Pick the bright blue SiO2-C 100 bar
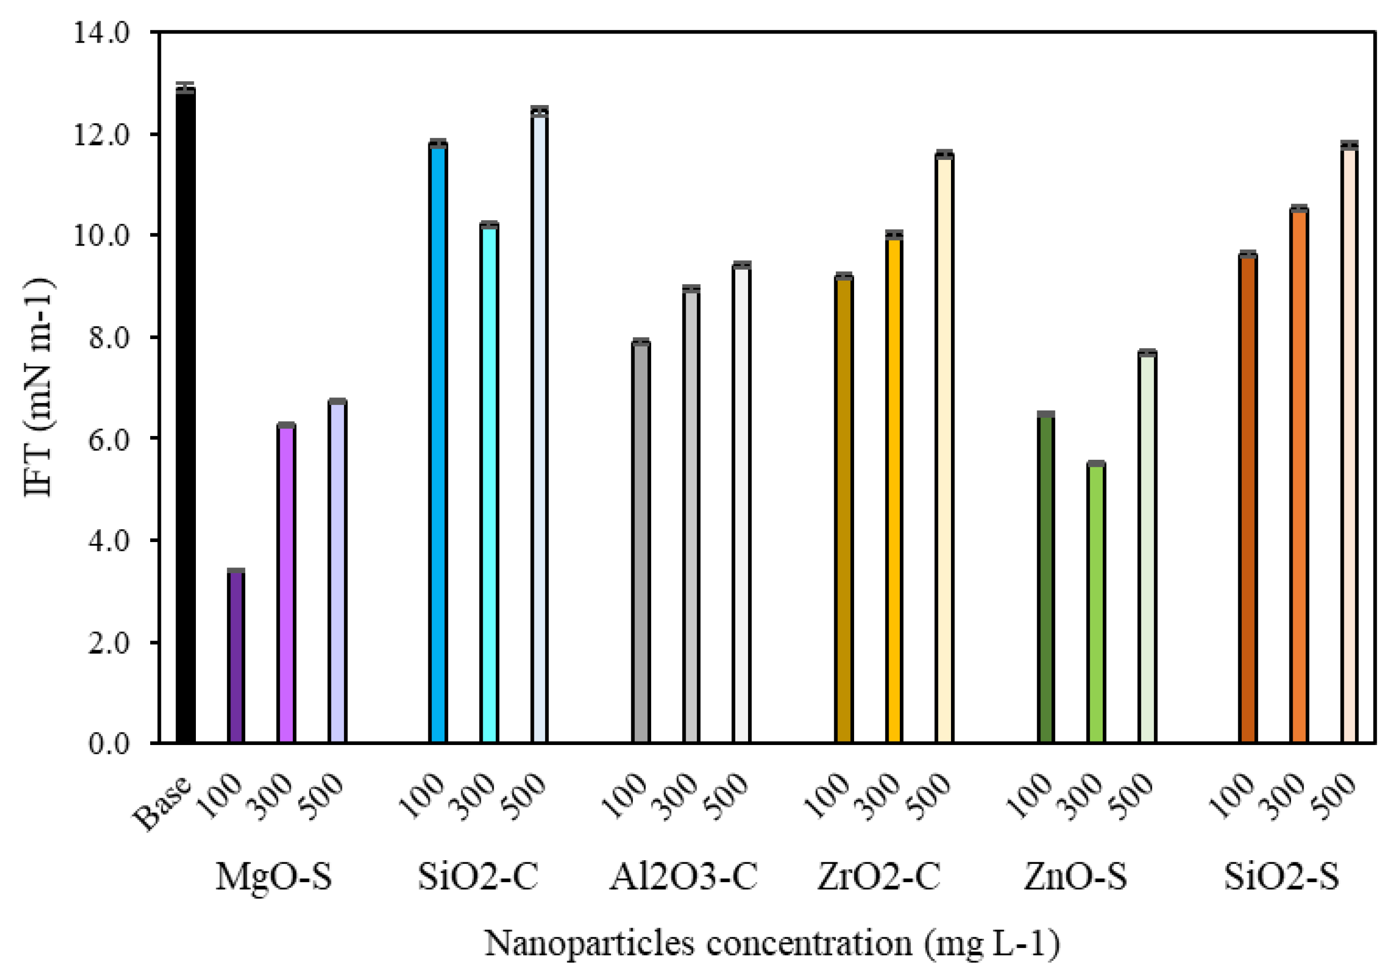pyautogui.click(x=437, y=442)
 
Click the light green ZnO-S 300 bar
pyautogui.click(x=1095, y=603)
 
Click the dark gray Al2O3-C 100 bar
pyautogui.click(x=640, y=542)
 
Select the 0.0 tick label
pyautogui.click(x=109, y=744)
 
